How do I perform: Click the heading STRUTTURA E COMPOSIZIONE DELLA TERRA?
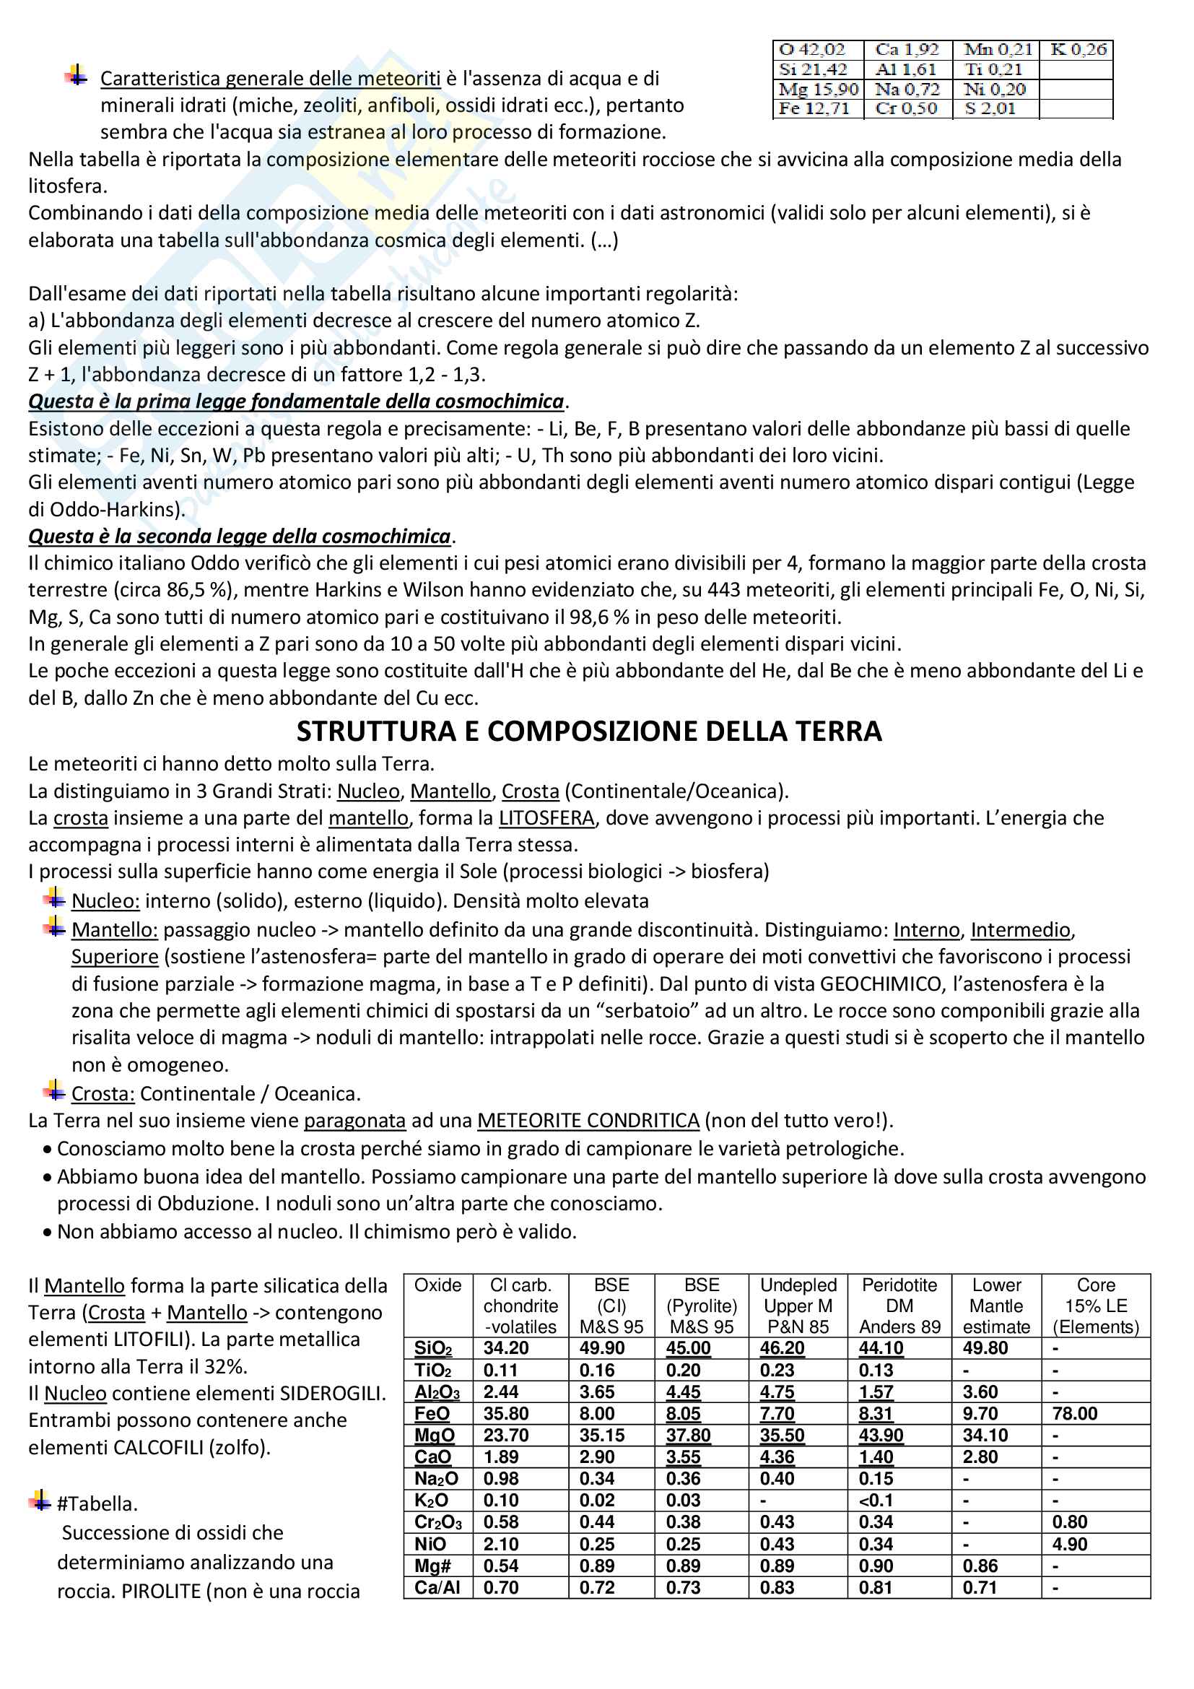click(589, 731)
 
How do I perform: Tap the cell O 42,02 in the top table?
click(812, 50)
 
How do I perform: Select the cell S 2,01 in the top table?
click(990, 109)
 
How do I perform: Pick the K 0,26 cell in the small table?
click(1078, 50)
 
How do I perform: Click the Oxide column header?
click(438, 1285)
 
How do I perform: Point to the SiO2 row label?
click(433, 1348)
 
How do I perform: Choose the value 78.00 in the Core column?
click(1074, 1413)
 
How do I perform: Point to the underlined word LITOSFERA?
click(546, 818)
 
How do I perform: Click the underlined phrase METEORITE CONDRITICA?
click(588, 1121)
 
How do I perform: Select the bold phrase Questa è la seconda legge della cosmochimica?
click(240, 537)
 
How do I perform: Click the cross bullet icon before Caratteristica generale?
click(77, 75)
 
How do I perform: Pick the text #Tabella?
click(97, 1503)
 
